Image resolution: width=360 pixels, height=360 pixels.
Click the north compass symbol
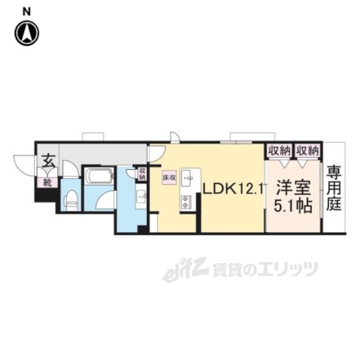tap(26, 33)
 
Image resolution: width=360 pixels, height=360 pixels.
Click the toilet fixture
tap(71, 198)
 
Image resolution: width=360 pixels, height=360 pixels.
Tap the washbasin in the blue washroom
tap(141, 196)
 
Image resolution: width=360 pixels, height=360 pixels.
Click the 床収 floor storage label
tap(170, 177)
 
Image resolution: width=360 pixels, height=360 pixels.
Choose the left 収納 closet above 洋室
tap(280, 151)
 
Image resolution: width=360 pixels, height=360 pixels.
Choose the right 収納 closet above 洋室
tap(307, 151)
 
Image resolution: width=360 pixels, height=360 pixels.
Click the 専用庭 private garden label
tap(334, 187)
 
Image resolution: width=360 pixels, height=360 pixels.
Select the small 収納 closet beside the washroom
tap(142, 173)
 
